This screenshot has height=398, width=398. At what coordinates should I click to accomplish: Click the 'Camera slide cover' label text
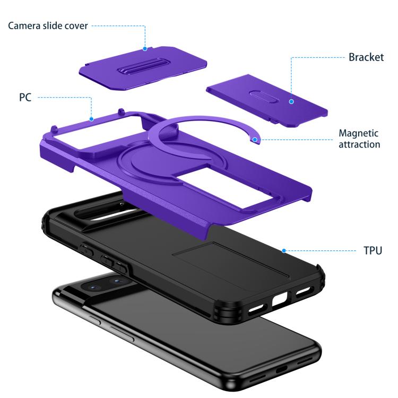pyautogui.click(x=48, y=25)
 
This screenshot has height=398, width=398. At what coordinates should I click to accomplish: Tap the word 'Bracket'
pyautogui.click(x=366, y=57)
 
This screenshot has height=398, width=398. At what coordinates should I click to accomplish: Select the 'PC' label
pyautogui.click(x=25, y=98)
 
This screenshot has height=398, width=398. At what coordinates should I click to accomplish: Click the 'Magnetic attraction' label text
pyautogui.click(x=359, y=139)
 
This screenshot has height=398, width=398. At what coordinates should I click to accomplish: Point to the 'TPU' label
pyautogui.click(x=373, y=250)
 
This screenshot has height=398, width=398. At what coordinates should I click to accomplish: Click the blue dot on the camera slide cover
pyautogui.click(x=145, y=48)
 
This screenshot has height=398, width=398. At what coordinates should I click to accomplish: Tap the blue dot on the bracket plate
pyautogui.click(x=291, y=101)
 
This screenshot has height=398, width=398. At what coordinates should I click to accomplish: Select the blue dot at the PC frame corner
pyautogui.click(x=91, y=119)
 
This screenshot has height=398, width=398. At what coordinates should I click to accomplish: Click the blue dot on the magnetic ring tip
pyautogui.click(x=255, y=140)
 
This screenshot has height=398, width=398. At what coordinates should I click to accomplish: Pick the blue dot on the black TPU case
pyautogui.click(x=284, y=251)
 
